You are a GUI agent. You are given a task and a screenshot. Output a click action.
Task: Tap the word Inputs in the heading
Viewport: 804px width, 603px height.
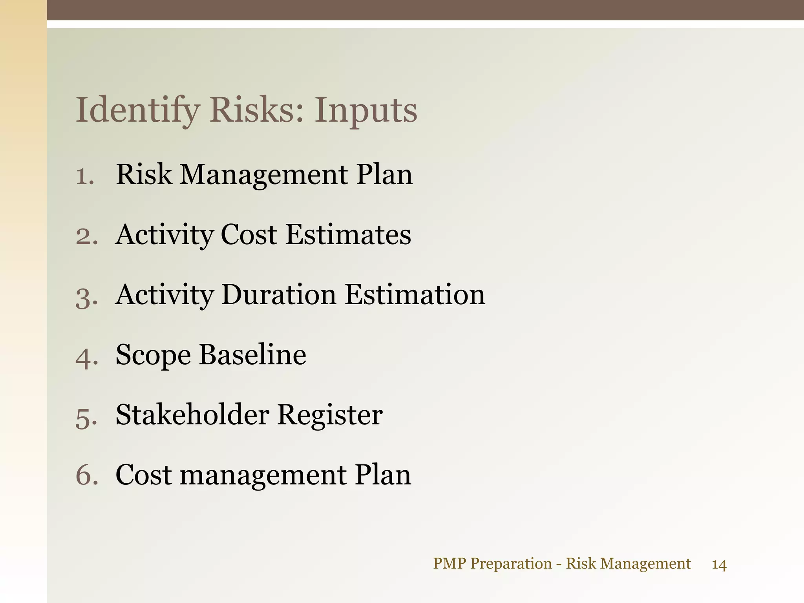(365, 110)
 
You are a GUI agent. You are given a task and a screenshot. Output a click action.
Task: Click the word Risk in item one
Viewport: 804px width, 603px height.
(144, 174)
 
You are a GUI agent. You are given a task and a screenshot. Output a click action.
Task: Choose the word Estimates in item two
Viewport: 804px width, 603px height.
(348, 235)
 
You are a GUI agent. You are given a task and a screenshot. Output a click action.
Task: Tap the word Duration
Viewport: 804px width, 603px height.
(278, 295)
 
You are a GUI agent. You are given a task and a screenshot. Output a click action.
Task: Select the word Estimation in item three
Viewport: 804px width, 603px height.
(415, 295)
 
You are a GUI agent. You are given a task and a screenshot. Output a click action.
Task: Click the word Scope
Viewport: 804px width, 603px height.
(153, 355)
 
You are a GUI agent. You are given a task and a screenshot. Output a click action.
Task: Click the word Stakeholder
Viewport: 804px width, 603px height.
(192, 415)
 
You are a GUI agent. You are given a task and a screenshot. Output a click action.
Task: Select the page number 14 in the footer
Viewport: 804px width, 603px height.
(719, 565)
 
